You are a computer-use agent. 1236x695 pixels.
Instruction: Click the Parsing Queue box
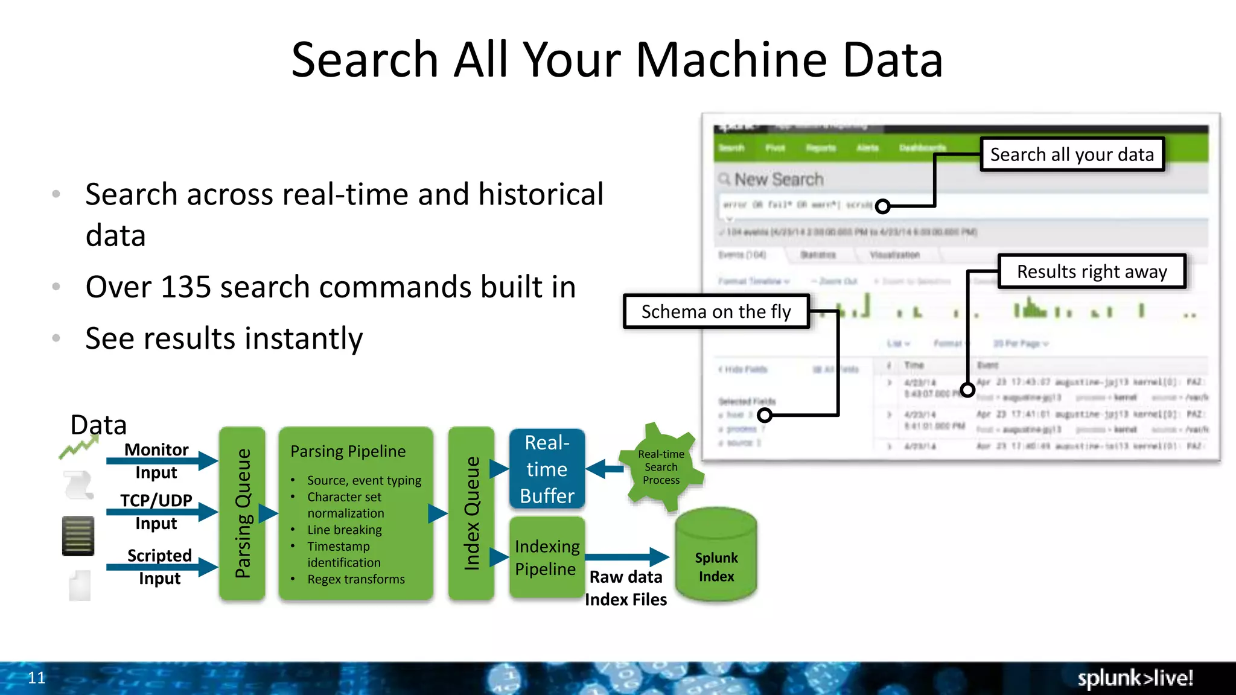(242, 513)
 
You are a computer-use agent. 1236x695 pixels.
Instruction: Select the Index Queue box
(471, 513)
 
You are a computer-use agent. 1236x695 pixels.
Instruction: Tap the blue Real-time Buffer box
(547, 469)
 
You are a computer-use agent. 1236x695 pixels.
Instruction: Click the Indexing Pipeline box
(547, 557)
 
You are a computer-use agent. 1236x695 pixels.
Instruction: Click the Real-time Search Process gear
(661, 467)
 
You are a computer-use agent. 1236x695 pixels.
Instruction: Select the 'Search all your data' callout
(1072, 155)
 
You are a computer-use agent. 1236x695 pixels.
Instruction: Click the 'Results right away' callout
(1092, 271)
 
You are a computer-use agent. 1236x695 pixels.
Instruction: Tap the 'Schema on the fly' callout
(716, 312)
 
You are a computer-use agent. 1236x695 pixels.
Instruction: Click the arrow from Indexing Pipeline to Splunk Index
(626, 557)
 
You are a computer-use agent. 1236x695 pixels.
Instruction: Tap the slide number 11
(37, 678)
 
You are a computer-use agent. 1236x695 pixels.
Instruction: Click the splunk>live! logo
(1135, 678)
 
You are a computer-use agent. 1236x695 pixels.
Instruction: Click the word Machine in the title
(730, 60)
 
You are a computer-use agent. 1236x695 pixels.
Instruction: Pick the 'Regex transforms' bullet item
(355, 579)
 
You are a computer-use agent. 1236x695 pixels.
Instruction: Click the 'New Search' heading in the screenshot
(779, 179)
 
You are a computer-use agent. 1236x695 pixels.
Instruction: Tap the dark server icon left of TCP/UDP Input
(78, 536)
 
